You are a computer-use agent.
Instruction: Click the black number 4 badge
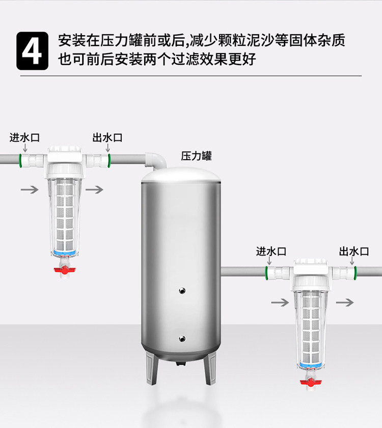(x=33, y=51)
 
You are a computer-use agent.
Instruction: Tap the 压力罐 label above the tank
(x=196, y=156)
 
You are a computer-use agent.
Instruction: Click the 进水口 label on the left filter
(x=24, y=138)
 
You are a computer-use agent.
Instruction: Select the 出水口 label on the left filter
(x=107, y=138)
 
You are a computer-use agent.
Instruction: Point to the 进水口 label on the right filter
(x=271, y=251)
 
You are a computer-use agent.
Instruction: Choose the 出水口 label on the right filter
(x=354, y=251)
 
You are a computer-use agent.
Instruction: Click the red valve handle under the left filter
(x=65, y=270)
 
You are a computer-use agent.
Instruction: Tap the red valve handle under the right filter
(x=311, y=383)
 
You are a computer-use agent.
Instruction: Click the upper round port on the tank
(x=182, y=290)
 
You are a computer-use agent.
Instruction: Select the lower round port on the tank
(x=182, y=339)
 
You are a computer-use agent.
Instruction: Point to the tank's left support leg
(x=152, y=368)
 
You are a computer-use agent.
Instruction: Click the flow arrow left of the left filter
(x=30, y=189)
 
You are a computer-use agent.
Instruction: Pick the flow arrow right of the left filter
(x=94, y=189)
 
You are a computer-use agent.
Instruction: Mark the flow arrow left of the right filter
(x=280, y=303)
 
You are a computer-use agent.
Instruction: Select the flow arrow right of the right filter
(x=345, y=303)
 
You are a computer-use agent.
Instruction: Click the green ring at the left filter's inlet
(x=20, y=161)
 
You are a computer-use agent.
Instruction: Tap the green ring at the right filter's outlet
(x=356, y=273)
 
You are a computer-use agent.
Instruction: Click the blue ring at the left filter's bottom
(x=64, y=253)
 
